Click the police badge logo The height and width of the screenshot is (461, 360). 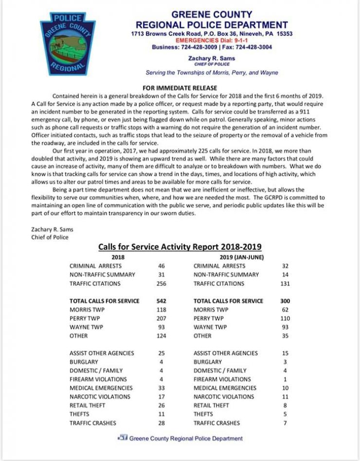point(68,43)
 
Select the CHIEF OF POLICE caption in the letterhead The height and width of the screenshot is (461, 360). point(212,64)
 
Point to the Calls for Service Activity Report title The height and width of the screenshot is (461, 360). point(180,247)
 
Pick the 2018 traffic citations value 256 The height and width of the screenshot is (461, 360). point(162,283)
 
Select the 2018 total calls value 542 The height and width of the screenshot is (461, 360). point(162,301)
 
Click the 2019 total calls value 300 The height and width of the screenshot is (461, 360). point(285,301)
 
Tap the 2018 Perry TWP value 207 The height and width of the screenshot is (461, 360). point(162,318)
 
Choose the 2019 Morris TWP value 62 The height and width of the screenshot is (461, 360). point(285,310)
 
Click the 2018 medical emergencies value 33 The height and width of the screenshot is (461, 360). point(162,388)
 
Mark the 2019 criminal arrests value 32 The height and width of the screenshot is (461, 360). point(285,266)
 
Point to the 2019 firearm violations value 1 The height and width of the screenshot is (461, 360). point(285,379)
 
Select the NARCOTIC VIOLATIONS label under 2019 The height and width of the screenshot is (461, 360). point(224,397)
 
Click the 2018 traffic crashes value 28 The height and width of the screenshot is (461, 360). point(162,423)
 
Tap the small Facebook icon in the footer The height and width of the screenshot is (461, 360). point(122,438)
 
